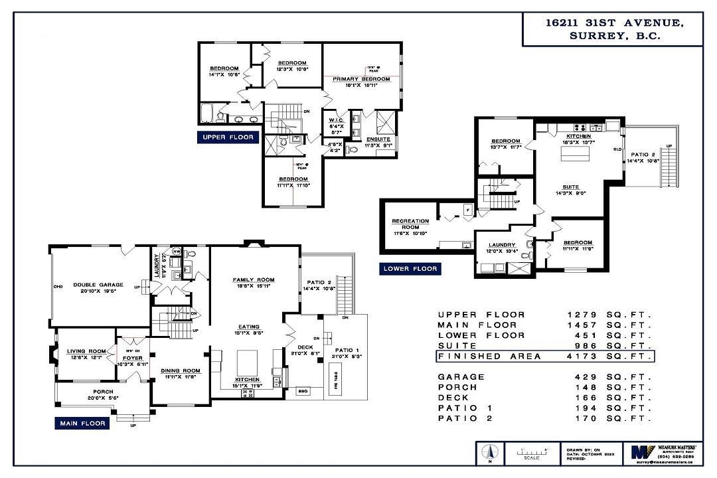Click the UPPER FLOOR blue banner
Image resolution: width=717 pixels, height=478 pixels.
pos(228,137)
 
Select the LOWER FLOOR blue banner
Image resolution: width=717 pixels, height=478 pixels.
pos(410,269)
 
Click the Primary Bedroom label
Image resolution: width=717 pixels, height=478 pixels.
pos(361,79)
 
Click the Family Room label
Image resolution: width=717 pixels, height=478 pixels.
pos(253,279)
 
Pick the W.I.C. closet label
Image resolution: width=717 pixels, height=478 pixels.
pos(335,120)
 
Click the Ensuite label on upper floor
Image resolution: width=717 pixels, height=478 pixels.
pos(378,139)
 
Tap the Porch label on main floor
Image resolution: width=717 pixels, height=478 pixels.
pos(103,392)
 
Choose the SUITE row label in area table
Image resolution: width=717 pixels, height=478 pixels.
pos(453,346)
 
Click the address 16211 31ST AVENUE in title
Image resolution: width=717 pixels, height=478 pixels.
pos(613,23)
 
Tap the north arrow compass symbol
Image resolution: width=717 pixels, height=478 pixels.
pos(489,453)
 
